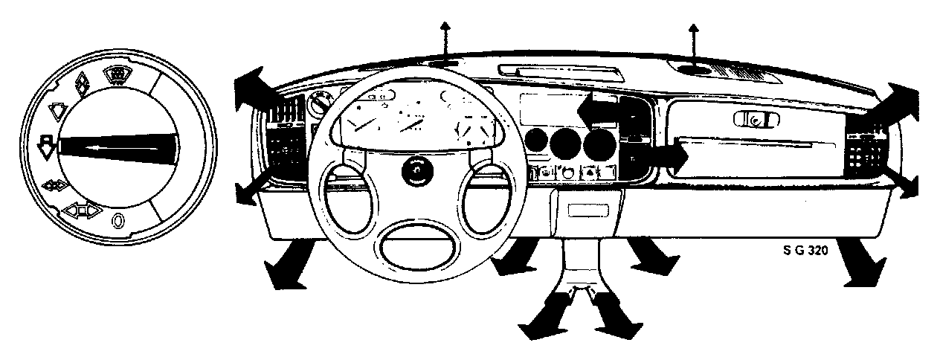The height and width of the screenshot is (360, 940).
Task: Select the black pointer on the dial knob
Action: [119, 147]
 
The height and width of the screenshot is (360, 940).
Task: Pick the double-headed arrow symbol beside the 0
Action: [81, 211]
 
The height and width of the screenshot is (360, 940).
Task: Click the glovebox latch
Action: [753, 119]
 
